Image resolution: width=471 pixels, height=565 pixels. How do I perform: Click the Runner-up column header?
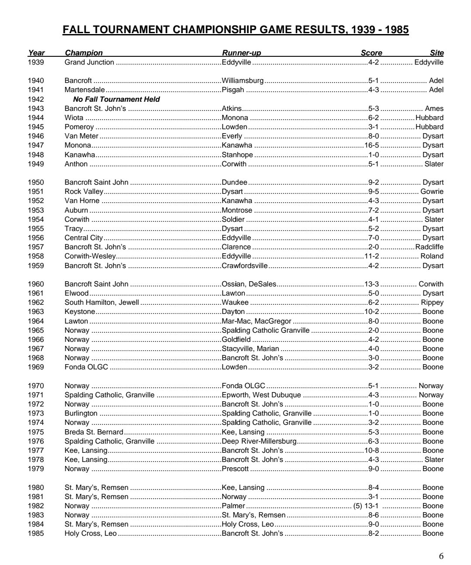(x=241, y=53)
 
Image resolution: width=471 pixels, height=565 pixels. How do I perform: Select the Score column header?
(x=371, y=53)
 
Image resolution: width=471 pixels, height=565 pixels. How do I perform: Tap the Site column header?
(x=437, y=53)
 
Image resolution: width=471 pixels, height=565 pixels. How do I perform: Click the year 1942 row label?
(x=36, y=99)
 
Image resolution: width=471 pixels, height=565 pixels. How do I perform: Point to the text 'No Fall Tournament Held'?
(x=117, y=99)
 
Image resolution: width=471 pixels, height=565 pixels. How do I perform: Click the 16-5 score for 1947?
(x=371, y=145)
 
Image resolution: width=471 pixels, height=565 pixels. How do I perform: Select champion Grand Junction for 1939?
(x=89, y=62)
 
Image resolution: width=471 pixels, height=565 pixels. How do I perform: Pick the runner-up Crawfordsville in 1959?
(x=244, y=265)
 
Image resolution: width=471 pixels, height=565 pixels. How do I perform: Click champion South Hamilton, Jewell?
(x=102, y=303)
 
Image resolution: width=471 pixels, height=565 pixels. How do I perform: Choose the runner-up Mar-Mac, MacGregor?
(x=256, y=321)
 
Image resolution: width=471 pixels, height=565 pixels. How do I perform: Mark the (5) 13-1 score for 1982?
(x=365, y=506)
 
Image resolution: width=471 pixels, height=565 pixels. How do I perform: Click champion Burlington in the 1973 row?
(x=81, y=413)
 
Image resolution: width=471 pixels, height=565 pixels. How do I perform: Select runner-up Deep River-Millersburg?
(x=259, y=441)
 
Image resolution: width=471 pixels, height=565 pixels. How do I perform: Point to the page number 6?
(x=441, y=556)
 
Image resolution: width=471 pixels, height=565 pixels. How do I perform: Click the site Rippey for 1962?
(x=432, y=303)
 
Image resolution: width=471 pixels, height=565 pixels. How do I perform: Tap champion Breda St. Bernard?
(x=94, y=432)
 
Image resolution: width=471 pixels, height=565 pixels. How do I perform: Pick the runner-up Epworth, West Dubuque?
(x=261, y=395)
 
